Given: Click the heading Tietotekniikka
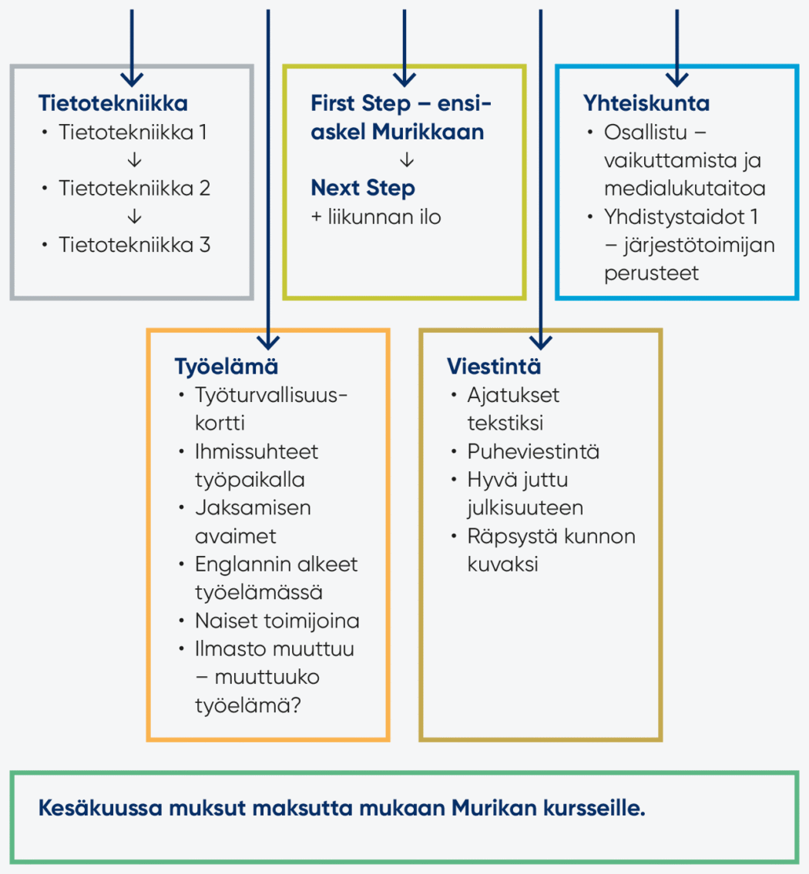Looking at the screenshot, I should pyautogui.click(x=113, y=103).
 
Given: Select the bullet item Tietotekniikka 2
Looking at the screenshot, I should pyautogui.click(x=135, y=189).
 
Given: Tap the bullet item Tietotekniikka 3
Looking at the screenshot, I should pyautogui.click(x=135, y=245).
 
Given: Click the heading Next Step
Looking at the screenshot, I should pyautogui.click(x=363, y=188).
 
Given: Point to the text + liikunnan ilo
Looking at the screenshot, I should pyautogui.click(x=376, y=217).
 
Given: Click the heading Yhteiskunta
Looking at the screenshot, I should pyautogui.click(x=646, y=103).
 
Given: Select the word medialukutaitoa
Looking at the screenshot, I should pyautogui.click(x=684, y=189).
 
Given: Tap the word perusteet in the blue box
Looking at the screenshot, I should pyautogui.click(x=652, y=273).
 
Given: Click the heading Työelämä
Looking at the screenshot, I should pyautogui.click(x=215, y=366).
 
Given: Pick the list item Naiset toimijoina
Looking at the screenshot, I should pyautogui.click(x=277, y=621).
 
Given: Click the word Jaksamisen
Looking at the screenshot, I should pyautogui.click(x=253, y=508).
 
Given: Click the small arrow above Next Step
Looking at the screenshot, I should pyautogui.click(x=408, y=161).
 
